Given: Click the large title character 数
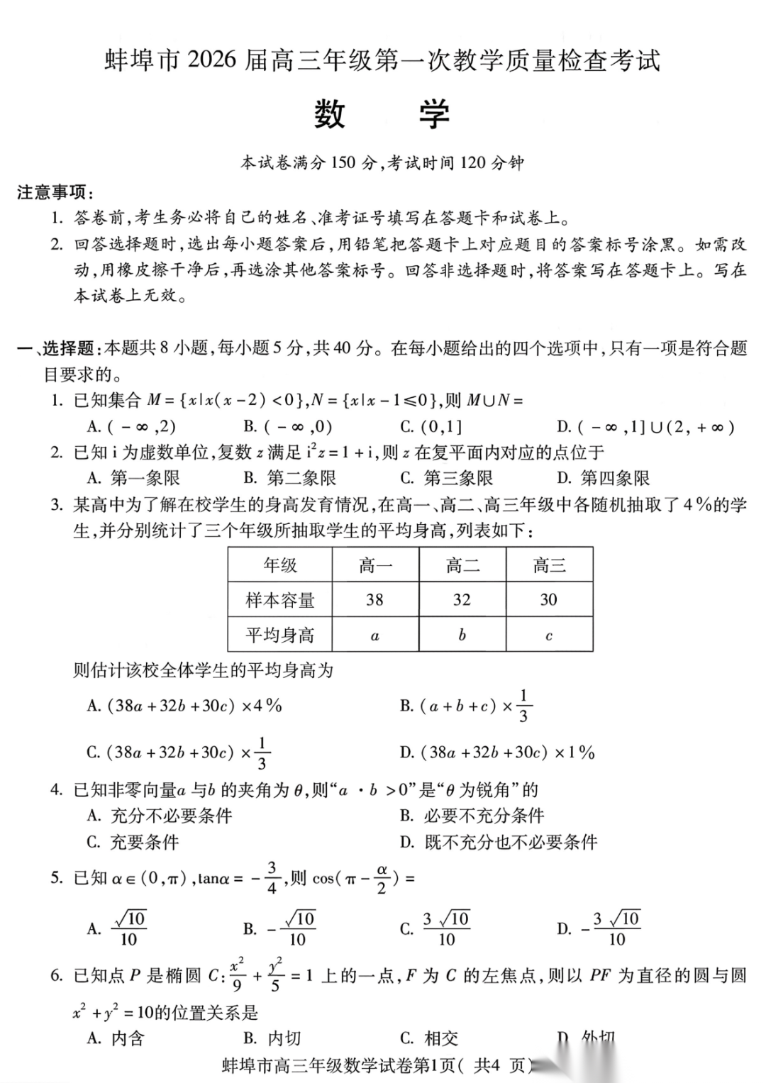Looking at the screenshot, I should click(x=329, y=114).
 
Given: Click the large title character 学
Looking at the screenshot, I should click(x=433, y=114).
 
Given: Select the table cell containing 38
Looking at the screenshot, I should click(x=374, y=600).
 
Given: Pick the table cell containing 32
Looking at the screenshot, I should click(x=462, y=600).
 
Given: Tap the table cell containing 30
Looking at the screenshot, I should click(x=548, y=600).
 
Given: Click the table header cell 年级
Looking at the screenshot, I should click(x=280, y=565).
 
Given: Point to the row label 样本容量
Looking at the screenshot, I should click(x=280, y=600).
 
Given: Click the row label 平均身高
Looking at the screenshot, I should click(x=280, y=635).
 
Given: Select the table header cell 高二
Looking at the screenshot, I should click(x=462, y=565).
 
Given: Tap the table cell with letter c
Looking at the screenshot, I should click(x=548, y=635).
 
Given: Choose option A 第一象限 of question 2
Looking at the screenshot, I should click(x=135, y=478).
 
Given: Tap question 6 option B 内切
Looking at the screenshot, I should click(x=273, y=1038).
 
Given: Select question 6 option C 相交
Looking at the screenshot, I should click(x=430, y=1038).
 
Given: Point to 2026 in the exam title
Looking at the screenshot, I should click(x=211, y=60).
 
